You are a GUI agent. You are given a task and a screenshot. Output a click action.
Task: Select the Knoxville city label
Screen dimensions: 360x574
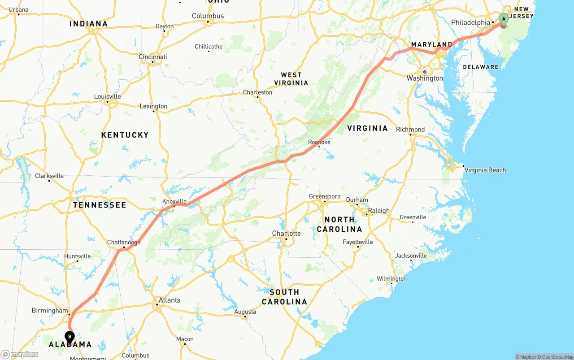tap(174, 201)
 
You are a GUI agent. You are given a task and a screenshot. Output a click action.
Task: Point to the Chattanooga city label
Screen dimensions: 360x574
tap(124, 243)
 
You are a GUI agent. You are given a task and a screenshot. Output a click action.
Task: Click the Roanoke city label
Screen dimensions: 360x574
tap(319, 142)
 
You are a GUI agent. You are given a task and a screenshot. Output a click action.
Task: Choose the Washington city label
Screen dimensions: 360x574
tap(425, 78)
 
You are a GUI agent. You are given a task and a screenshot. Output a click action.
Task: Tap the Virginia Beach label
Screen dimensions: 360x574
tap(485, 170)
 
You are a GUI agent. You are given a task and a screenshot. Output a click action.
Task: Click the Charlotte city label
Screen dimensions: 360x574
tap(286, 234)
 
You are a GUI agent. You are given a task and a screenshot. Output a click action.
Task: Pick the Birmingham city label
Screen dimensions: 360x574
tap(50, 311)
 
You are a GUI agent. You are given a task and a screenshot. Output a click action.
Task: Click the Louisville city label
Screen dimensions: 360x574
tap(107, 96)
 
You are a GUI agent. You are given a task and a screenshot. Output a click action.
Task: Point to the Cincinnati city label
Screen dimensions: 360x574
tap(152, 57)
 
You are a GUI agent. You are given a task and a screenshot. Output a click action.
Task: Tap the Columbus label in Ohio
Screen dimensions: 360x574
tap(208, 16)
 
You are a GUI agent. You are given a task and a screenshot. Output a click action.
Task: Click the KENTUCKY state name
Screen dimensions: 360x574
tap(125, 135)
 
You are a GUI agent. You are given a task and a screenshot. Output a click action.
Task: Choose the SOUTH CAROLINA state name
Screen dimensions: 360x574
tap(284, 297)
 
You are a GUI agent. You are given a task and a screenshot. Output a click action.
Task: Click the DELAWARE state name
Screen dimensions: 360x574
tap(480, 67)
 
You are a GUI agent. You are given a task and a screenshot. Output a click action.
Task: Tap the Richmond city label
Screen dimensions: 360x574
tap(410, 130)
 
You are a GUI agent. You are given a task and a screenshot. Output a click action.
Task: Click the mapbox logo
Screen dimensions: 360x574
tap(20, 354)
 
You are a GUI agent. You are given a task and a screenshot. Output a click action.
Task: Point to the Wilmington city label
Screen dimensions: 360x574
tap(391, 279)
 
